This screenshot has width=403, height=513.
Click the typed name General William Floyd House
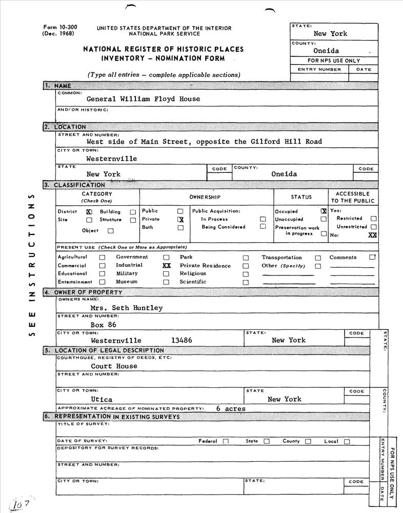click(x=143, y=99)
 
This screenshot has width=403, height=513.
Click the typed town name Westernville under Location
click(x=111, y=159)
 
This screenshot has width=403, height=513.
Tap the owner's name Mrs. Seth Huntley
click(x=126, y=308)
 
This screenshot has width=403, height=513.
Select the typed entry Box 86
click(x=104, y=325)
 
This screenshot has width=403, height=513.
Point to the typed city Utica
click(x=102, y=399)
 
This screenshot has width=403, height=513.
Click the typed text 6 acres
click(x=231, y=409)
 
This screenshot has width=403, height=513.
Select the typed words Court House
click(x=114, y=366)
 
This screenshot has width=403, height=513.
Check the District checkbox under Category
click(x=89, y=211)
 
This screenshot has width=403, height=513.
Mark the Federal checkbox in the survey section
click(x=226, y=441)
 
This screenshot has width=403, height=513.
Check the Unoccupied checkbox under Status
click(x=324, y=219)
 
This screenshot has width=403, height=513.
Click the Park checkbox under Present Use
click(x=246, y=258)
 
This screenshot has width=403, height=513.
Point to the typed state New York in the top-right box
click(x=330, y=34)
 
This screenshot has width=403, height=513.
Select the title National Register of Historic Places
click(x=164, y=49)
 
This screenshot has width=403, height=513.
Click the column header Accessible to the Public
click(x=353, y=198)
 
